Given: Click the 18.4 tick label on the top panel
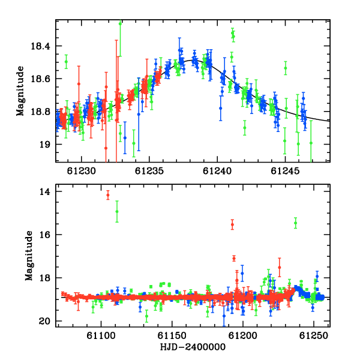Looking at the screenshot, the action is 40,46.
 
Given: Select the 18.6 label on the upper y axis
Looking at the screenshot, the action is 40,79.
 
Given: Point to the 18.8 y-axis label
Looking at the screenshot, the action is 40,112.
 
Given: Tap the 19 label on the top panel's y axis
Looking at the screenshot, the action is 45,145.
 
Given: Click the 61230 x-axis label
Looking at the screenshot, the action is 81,171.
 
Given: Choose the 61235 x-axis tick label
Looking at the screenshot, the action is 149,171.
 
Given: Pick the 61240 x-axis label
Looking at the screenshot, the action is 217,171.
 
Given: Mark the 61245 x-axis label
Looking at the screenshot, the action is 285,171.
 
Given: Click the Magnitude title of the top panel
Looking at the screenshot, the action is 20,91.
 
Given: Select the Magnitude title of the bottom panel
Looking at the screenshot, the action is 29,256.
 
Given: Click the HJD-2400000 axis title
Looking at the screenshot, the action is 193,347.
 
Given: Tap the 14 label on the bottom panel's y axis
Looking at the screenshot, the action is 45,191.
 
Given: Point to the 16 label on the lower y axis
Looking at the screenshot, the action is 45,235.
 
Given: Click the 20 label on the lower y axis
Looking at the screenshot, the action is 44,321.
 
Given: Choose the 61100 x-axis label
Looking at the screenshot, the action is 101,335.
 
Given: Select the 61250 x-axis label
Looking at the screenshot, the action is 314,335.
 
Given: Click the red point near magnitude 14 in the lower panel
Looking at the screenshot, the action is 108,195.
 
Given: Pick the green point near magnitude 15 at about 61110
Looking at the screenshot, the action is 117,211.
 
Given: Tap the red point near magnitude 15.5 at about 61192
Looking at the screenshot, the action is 232,224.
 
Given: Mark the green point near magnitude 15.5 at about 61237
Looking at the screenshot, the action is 295,223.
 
